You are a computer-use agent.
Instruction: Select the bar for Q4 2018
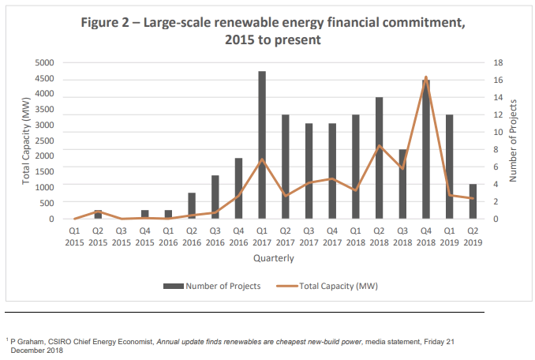(x=426, y=150)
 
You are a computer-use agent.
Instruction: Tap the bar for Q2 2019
(x=473, y=201)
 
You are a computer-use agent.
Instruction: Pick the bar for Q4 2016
(x=238, y=189)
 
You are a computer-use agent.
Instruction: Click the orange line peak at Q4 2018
(x=426, y=77)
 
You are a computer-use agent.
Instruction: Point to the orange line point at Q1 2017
(x=261, y=159)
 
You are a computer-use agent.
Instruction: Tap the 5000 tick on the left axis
(x=44, y=62)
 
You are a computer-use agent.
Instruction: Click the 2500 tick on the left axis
(x=44, y=141)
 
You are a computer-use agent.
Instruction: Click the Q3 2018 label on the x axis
(x=402, y=236)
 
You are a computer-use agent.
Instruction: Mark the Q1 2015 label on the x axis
(x=75, y=236)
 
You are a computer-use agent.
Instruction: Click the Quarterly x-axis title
(x=274, y=258)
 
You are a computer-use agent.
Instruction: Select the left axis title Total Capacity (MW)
(x=26, y=141)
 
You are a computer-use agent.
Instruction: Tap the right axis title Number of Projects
(x=514, y=141)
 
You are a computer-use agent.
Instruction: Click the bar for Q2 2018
(x=379, y=158)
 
